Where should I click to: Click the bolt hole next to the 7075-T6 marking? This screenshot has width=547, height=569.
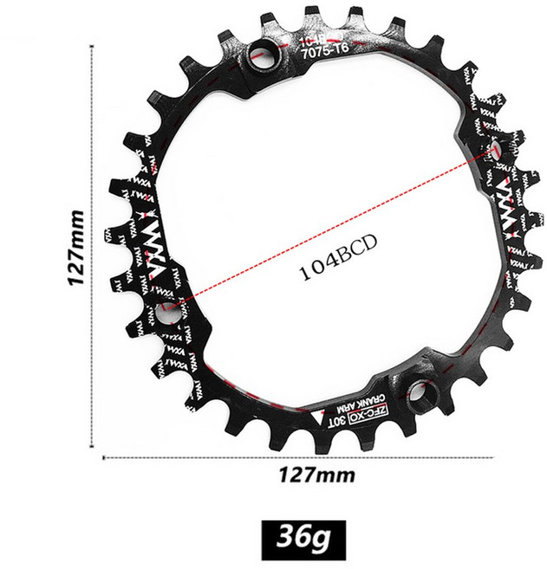click(x=261, y=58)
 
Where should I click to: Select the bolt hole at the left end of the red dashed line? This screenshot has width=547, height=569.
click(x=167, y=314)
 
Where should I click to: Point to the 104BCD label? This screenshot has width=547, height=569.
click(x=334, y=269)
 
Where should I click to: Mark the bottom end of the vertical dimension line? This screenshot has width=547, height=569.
click(x=92, y=447)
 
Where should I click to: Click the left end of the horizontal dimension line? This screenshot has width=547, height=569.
click(x=104, y=458)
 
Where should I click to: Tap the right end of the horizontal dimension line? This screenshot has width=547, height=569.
click(x=493, y=458)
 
